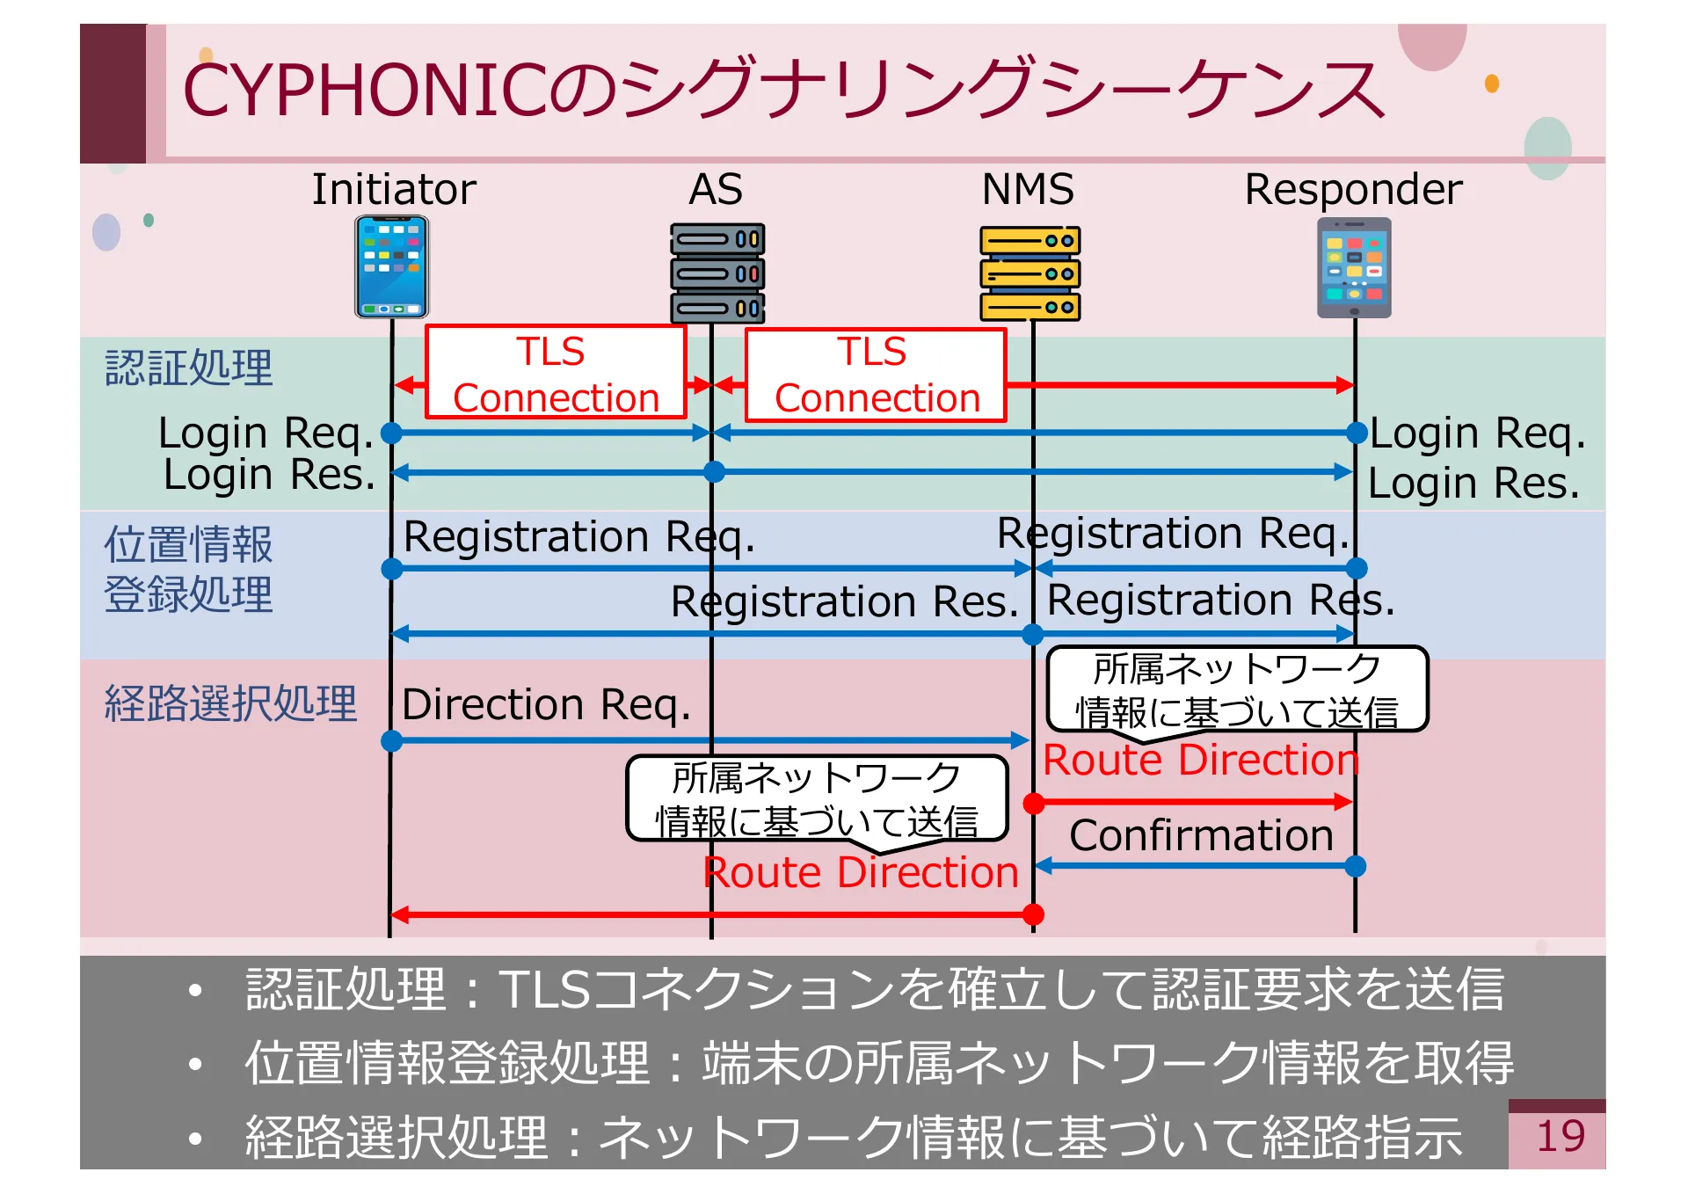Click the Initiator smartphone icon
point(392,267)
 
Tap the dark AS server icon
point(717,273)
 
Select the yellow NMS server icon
point(1030,273)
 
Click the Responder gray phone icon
point(1354,267)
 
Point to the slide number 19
point(1560,1136)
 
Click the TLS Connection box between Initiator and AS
point(555,374)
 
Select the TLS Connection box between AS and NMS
point(876,375)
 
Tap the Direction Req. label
point(545,704)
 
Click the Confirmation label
point(1201,835)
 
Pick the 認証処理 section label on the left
point(188,368)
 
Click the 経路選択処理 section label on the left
point(230,703)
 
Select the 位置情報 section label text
point(188,544)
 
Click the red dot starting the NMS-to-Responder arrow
point(1034,802)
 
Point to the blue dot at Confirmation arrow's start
point(1356,866)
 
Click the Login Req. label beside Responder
point(1477,433)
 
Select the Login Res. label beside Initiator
point(269,475)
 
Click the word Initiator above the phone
point(394,189)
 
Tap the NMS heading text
point(1028,189)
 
